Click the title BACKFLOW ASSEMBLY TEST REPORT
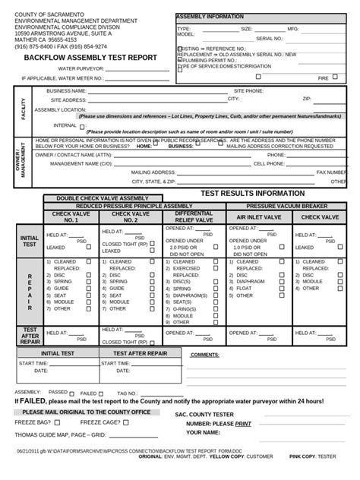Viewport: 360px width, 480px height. [x=90, y=58]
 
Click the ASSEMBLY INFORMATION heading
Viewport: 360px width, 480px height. [x=210, y=16]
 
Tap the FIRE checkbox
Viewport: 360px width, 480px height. [x=338, y=77]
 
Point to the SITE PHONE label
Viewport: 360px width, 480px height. [x=249, y=90]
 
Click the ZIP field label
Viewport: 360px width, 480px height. [x=307, y=99]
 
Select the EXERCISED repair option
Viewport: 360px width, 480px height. [x=188, y=268]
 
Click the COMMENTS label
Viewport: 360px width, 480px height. [x=204, y=355]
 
